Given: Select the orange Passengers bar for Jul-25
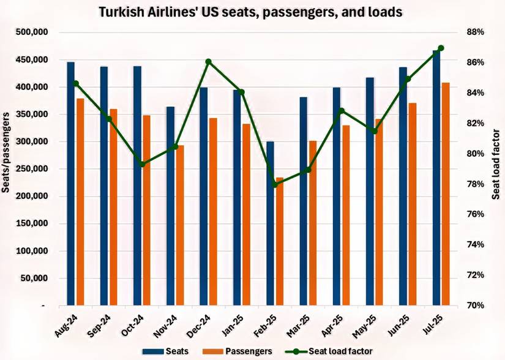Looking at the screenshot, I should [446, 193].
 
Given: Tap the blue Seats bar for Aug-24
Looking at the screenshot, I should [71, 184].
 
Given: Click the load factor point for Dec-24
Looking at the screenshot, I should [208, 62].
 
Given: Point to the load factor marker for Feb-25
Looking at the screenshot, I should [274, 184].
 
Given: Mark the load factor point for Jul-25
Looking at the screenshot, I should [441, 48].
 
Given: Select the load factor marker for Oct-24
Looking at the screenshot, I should [142, 164].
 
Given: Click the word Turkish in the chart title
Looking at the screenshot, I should [120, 12].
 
